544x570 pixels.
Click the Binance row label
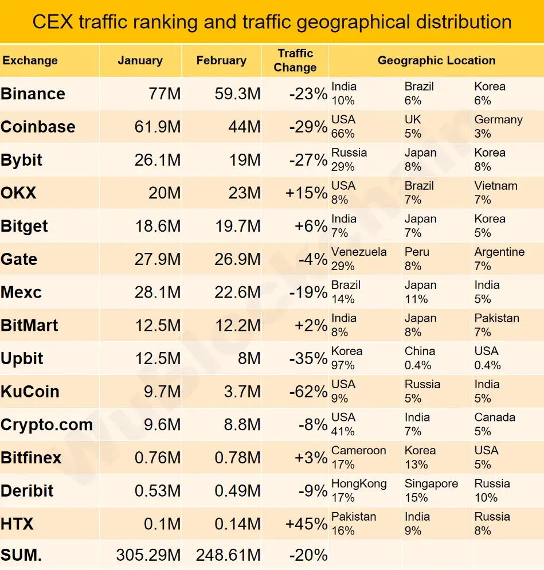click(33, 93)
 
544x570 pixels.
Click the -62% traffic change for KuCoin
click(308, 392)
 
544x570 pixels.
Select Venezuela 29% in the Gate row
click(359, 259)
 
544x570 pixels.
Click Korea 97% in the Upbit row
click(347, 358)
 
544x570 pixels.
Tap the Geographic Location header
click(436, 60)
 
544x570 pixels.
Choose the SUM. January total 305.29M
click(148, 555)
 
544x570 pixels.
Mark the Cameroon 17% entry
click(358, 457)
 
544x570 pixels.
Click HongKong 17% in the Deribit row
click(359, 490)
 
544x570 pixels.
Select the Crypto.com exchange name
click(46, 425)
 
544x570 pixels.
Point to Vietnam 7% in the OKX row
click(496, 193)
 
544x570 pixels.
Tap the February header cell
click(221, 60)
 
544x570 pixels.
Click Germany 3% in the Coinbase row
click(498, 126)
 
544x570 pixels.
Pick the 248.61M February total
click(228, 555)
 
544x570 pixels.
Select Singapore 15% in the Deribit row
click(431, 490)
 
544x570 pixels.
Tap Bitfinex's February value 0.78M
click(237, 458)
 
